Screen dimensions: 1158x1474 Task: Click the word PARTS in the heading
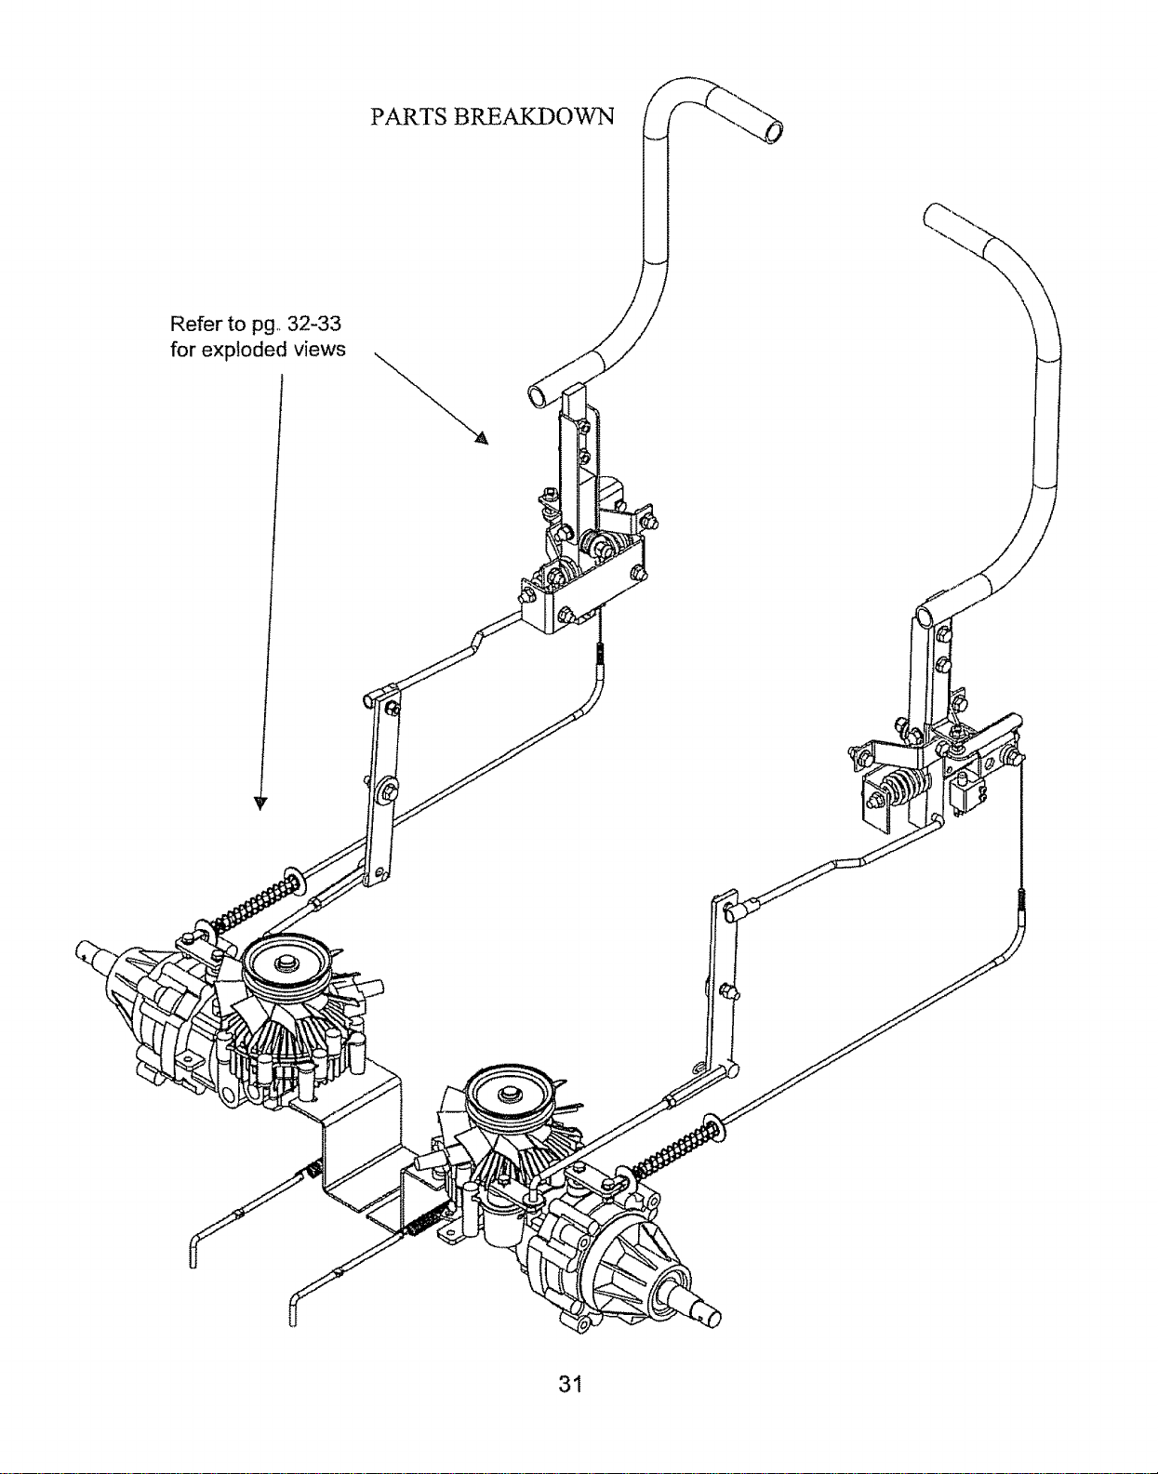tap(408, 116)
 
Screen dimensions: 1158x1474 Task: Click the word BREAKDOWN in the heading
tap(534, 116)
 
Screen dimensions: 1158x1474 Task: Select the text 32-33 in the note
tap(314, 324)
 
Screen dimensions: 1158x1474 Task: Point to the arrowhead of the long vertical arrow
tap(260, 803)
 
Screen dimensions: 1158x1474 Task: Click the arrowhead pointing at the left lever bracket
tap(482, 437)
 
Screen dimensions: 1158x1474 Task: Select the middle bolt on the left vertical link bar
tap(391, 790)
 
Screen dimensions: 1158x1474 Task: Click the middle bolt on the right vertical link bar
tap(728, 990)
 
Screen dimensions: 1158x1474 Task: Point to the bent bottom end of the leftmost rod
tap(193, 1252)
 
